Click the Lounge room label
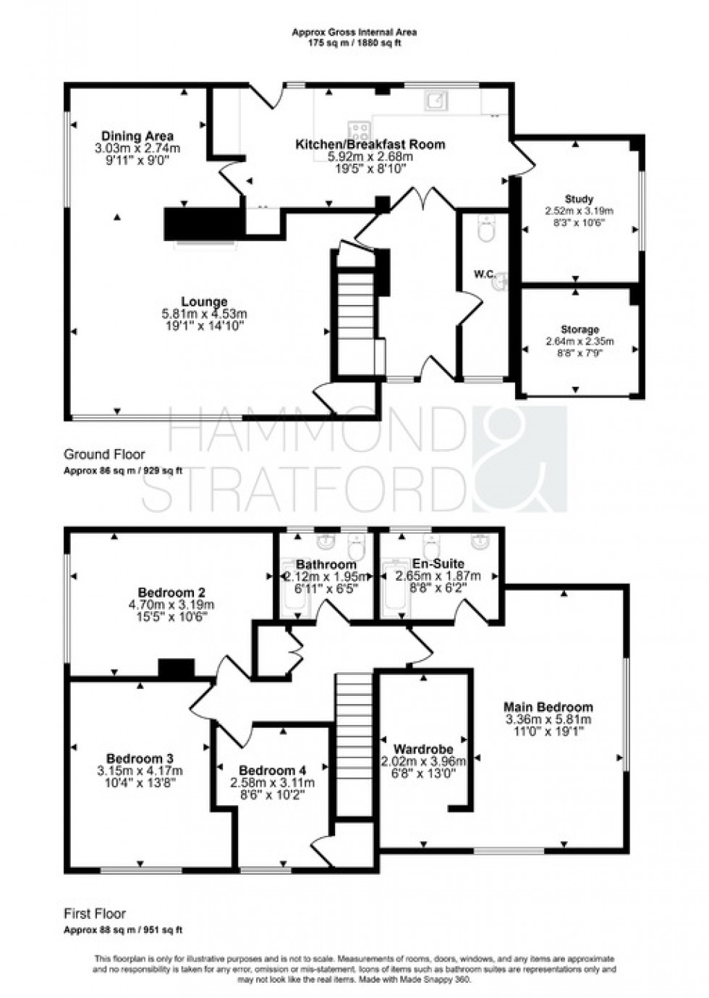point(204,301)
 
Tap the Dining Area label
point(137,135)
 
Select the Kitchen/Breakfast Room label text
point(370,144)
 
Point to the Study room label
point(579,198)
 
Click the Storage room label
point(579,330)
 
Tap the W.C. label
point(483,274)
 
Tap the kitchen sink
point(436,101)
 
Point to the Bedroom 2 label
point(171,591)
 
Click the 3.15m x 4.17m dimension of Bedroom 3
point(140,771)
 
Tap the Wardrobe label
point(423,749)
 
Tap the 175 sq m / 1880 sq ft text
point(354,42)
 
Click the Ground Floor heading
point(104,455)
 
